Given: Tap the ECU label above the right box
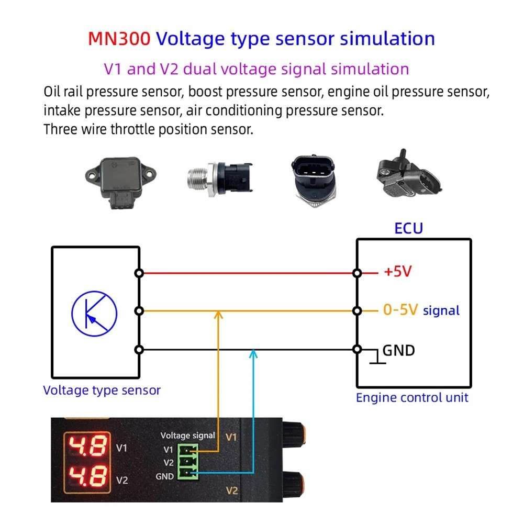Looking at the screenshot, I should (408, 228).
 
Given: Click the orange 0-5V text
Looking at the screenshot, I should (400, 310).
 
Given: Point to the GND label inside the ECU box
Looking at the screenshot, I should (398, 350).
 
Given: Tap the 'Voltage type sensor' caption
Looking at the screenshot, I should (102, 390).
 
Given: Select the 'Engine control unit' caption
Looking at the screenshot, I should (412, 397).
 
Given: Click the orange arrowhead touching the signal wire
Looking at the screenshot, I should (219, 314).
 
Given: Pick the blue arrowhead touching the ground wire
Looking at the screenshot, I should (254, 353).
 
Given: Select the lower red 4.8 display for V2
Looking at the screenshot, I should (87, 476).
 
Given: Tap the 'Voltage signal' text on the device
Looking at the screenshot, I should (187, 435).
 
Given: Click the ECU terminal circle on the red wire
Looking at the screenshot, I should (357, 273).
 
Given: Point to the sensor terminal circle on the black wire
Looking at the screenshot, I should (139, 350).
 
